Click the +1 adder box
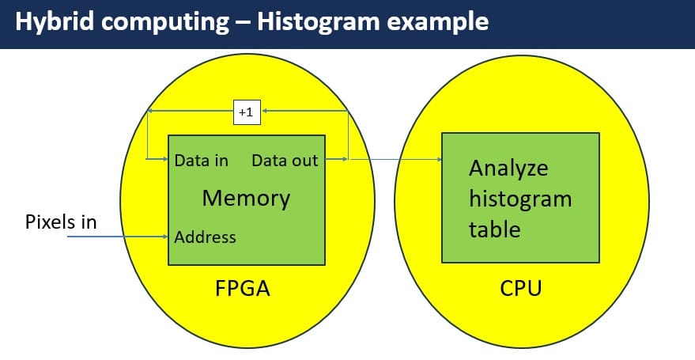click(245, 112)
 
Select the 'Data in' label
click(201, 161)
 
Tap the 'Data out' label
click(285, 161)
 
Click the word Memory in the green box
click(246, 198)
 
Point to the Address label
click(205, 237)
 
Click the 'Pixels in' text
click(60, 222)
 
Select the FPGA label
click(243, 288)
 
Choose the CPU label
click(521, 288)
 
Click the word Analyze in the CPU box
click(508, 169)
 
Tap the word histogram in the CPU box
click(519, 199)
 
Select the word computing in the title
click(167, 23)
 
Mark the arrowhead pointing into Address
click(165, 236)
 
